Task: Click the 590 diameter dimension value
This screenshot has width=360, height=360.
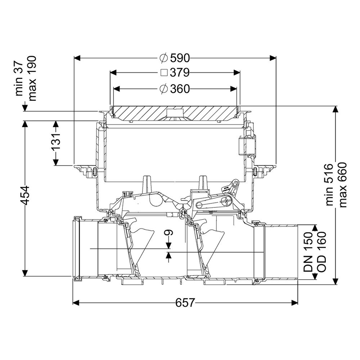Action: coord(180,58)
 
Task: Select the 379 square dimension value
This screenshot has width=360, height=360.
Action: coord(180,73)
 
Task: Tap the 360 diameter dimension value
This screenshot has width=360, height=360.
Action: coord(180,89)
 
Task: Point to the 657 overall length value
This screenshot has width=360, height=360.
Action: coord(185,303)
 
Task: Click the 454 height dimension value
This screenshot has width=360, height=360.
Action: coord(24,195)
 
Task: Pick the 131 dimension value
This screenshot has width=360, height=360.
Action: coord(56,141)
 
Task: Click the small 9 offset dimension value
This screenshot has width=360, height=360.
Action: coord(169,233)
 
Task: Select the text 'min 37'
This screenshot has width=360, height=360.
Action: coord(19,79)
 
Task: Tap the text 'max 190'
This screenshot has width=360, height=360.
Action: coord(32,78)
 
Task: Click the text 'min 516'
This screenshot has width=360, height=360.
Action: coord(329,185)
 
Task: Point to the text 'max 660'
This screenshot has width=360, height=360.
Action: coord(342,185)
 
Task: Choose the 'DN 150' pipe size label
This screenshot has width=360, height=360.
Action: coord(308,252)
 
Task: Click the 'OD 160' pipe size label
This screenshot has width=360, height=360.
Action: coord(321,252)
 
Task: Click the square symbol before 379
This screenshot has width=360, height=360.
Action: coord(164,73)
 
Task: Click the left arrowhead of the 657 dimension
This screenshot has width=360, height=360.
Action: coord(76,303)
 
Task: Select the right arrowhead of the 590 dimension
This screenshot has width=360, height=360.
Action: coord(273,58)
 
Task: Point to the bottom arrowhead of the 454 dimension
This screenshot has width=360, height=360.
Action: coord(25,273)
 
